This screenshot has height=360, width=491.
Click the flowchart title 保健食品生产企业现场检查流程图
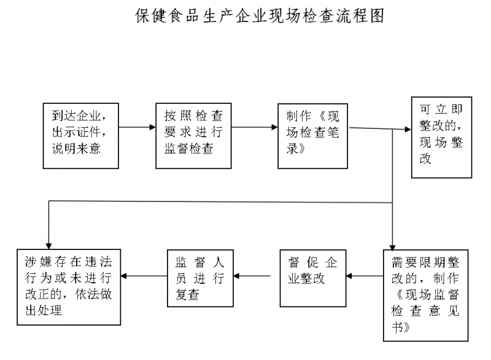[260, 17]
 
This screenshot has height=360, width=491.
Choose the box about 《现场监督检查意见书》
[425, 295]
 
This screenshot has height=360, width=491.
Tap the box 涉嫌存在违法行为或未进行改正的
[68, 286]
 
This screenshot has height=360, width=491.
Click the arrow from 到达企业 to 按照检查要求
[136, 128]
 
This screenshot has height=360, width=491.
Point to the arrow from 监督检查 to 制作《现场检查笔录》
[254, 128]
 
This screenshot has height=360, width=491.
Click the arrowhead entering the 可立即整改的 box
[407, 130]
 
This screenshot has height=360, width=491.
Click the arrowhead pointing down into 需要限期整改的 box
[392, 244]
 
